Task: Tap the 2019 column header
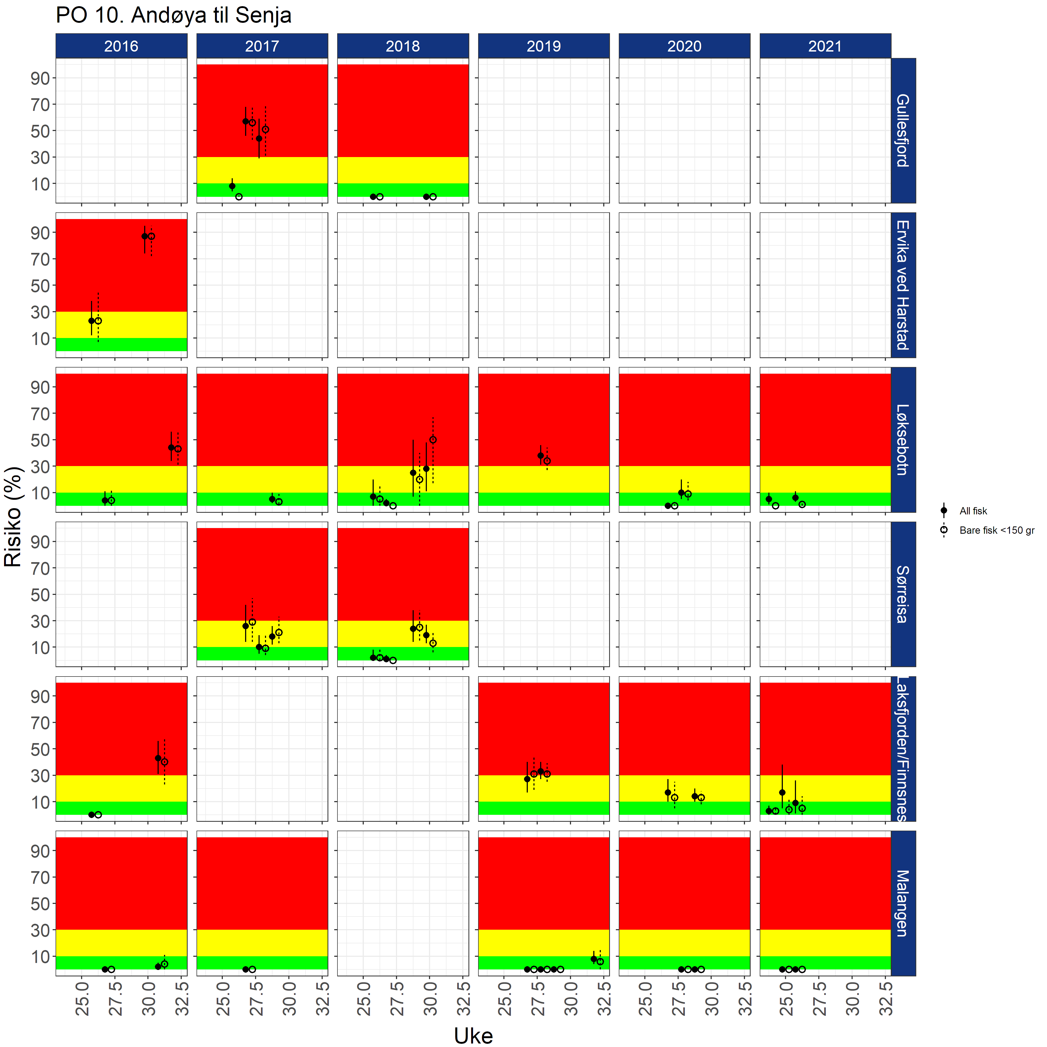tap(544, 46)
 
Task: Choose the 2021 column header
tap(825, 46)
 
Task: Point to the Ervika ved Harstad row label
tap(903, 285)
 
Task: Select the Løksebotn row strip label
tap(903, 439)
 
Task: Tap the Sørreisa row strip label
tap(903, 594)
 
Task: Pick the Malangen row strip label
tap(903, 903)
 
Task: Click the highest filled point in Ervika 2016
tap(145, 236)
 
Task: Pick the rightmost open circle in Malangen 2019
tap(601, 961)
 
